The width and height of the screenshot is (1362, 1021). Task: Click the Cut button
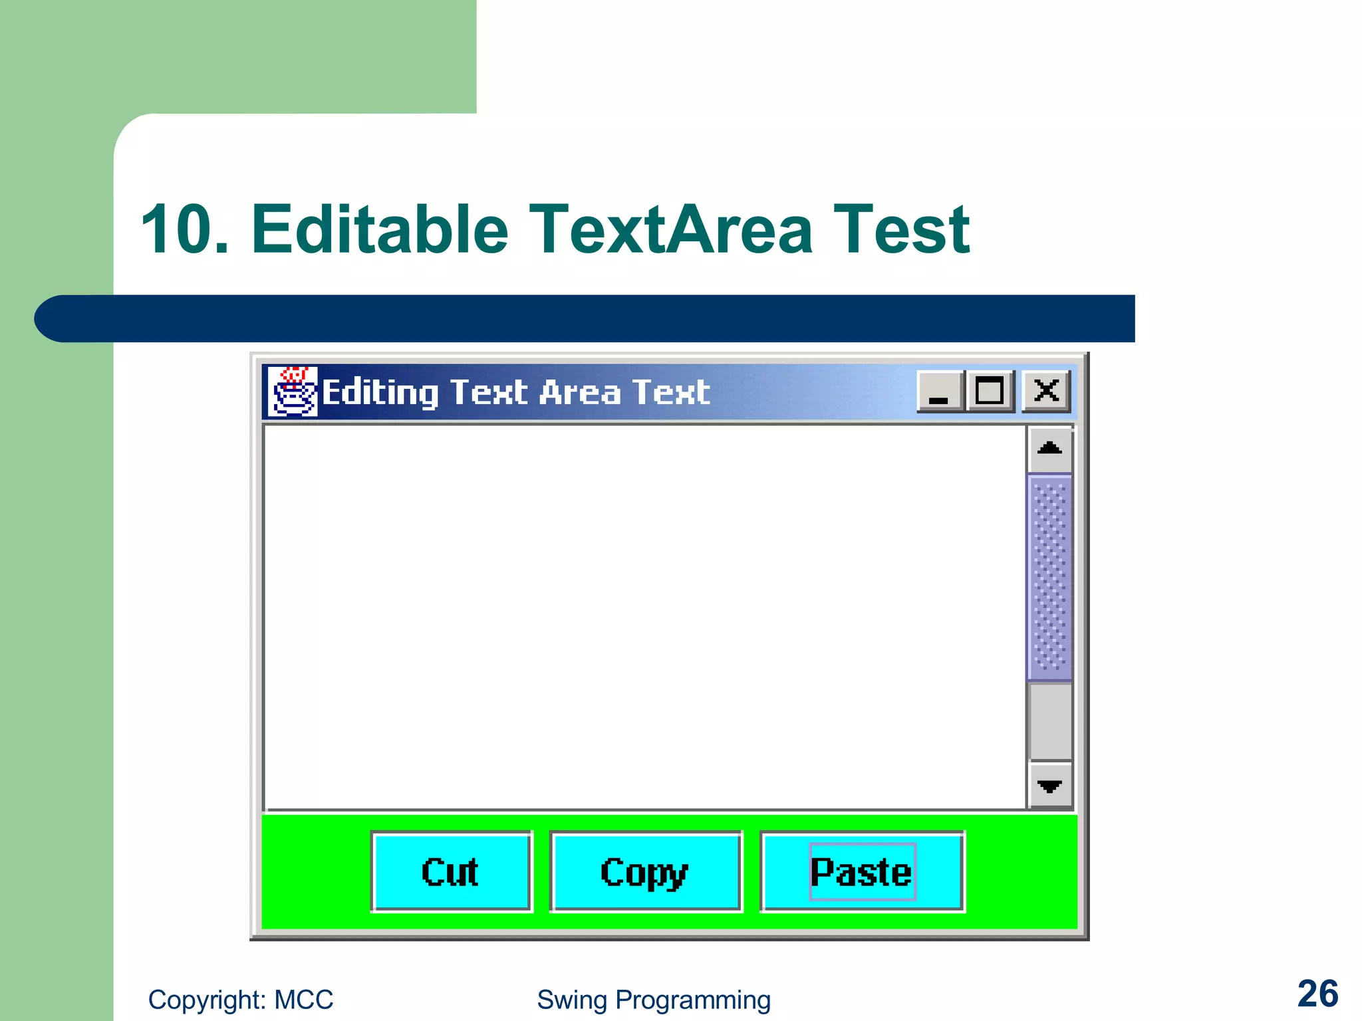point(451,872)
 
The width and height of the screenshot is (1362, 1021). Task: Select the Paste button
point(862,872)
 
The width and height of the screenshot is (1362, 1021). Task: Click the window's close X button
point(1046,391)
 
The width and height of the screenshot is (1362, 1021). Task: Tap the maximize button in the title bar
point(989,391)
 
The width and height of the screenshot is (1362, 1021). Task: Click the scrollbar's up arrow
point(1049,449)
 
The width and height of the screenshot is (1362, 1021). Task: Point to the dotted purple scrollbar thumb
point(1049,577)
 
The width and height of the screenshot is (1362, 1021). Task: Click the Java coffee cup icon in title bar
point(292,392)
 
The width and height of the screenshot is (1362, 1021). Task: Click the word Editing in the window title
point(380,392)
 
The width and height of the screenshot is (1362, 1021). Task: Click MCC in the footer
point(304,1000)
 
